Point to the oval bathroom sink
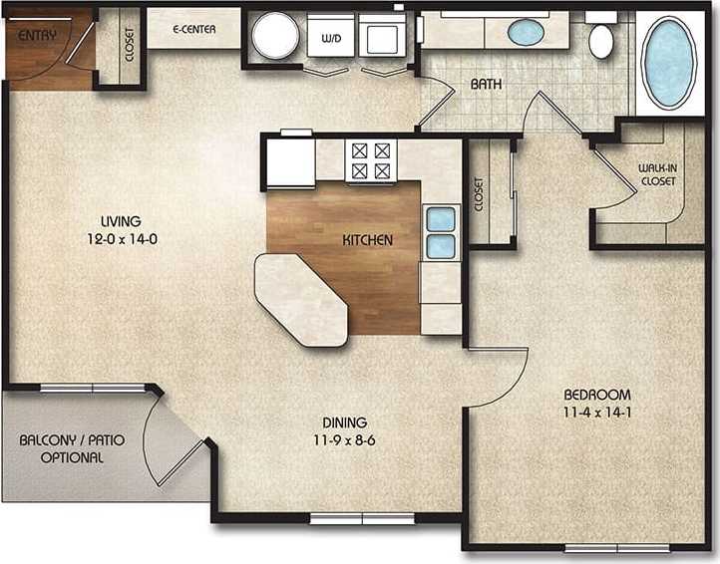[x=526, y=32]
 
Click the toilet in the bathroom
[x=601, y=40]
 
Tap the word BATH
[x=486, y=86]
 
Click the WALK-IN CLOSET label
[x=656, y=174]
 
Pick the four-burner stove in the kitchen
[x=370, y=160]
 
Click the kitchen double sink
[x=441, y=232]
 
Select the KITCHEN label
[x=368, y=240]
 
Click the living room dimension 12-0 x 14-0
[x=120, y=238]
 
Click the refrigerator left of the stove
[x=289, y=159]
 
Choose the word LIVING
[x=120, y=221]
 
